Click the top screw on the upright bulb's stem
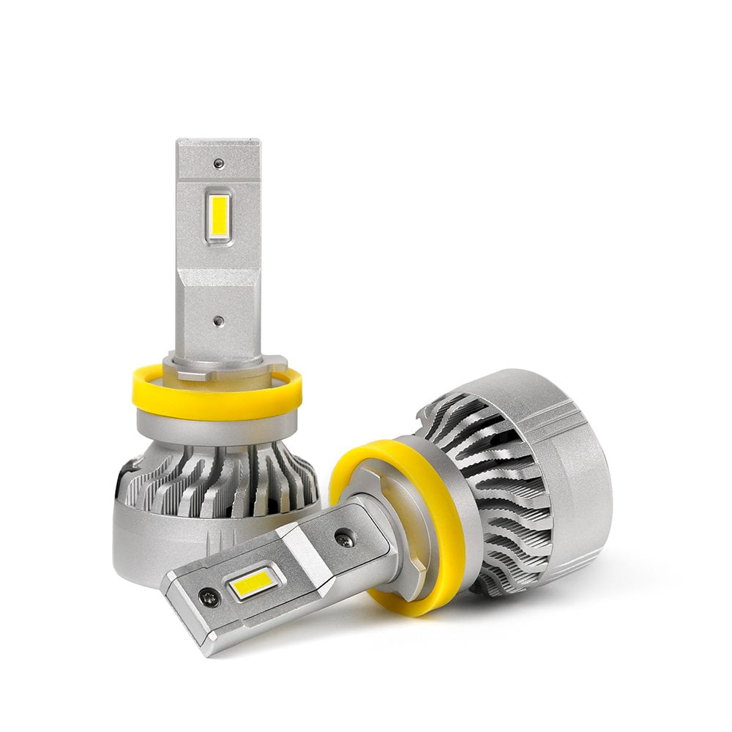point(218,163)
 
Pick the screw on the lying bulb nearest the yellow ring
point(344,540)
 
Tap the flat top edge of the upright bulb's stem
point(218,141)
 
